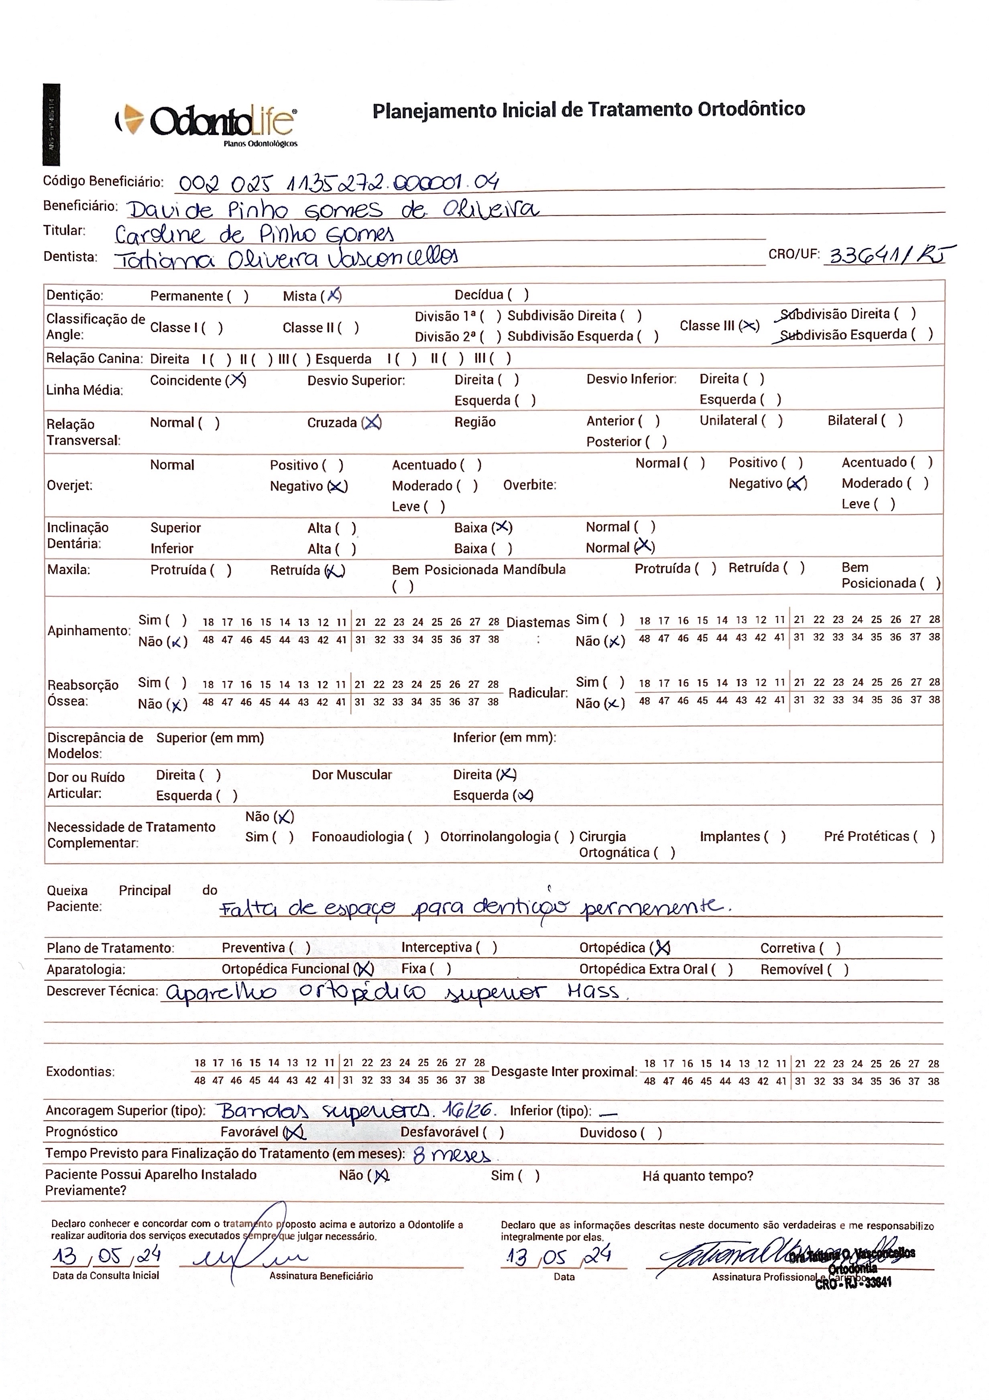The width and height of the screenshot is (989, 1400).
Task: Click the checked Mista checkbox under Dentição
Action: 333,296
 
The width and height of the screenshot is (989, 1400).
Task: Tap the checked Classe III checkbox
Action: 749,326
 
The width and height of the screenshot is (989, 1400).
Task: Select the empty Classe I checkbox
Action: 212,328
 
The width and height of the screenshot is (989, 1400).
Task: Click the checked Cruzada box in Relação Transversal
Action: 371,423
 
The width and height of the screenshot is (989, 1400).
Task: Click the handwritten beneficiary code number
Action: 339,182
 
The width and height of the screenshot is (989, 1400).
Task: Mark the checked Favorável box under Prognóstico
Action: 295,1132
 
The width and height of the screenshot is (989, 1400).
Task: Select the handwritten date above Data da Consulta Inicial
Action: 107,1256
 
